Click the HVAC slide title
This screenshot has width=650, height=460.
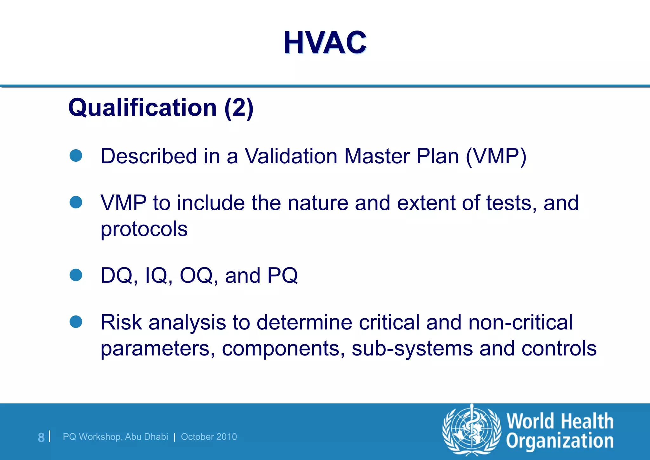tap(325, 43)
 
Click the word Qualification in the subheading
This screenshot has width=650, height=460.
tap(143, 108)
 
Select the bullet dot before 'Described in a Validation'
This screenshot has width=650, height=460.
tap(76, 156)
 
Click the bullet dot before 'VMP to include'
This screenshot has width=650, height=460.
tap(76, 202)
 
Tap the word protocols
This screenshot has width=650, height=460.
tap(144, 229)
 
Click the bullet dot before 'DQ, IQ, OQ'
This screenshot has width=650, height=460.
tap(76, 275)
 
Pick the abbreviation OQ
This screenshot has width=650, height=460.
tap(196, 275)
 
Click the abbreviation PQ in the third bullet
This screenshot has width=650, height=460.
tap(282, 275)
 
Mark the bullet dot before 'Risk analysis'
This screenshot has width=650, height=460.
tap(76, 321)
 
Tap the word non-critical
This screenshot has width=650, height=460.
tap(521, 322)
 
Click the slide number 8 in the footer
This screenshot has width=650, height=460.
tap(41, 437)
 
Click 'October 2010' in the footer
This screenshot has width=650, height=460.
tap(209, 437)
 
